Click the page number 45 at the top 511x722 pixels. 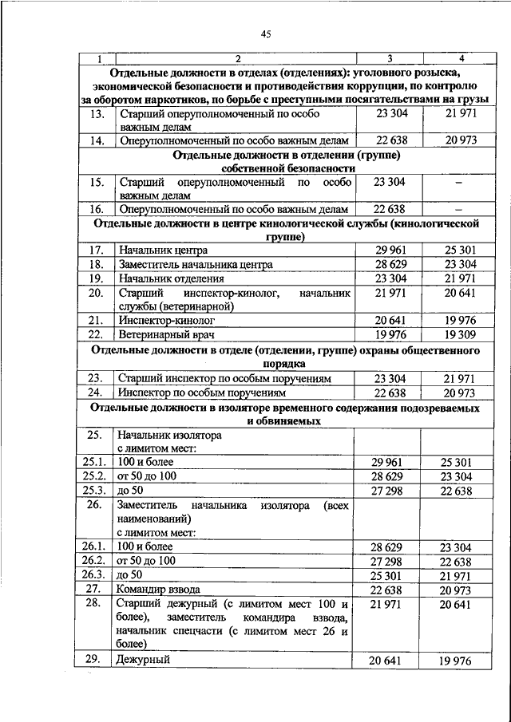pos(267,33)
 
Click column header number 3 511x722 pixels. pos(390,59)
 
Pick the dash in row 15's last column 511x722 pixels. pos(459,183)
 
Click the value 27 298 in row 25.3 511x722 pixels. pos(390,489)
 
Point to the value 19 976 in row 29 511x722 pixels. pos(459,661)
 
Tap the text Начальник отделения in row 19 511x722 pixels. pos(171,278)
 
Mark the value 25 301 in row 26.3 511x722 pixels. pos(390,575)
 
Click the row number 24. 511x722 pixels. pos(98,393)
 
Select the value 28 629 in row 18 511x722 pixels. pos(390,264)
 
